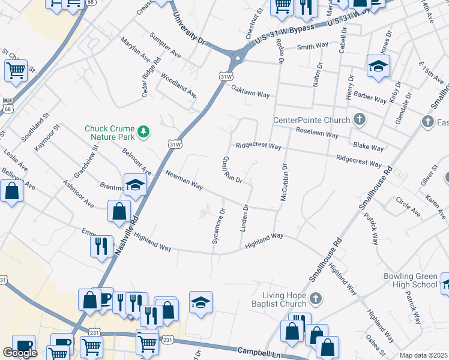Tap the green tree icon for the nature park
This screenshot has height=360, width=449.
143,130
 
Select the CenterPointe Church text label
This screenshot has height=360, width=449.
311,119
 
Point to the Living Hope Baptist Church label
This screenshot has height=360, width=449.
284,299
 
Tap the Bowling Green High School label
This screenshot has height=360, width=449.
410,281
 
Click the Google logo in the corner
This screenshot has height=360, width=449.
20,353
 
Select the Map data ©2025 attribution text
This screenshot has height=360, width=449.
423,355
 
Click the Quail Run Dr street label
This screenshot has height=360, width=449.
232,170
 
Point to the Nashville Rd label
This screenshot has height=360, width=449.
125,236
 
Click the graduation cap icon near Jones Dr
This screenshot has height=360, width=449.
378,67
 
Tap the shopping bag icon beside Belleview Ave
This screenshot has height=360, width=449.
11,191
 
